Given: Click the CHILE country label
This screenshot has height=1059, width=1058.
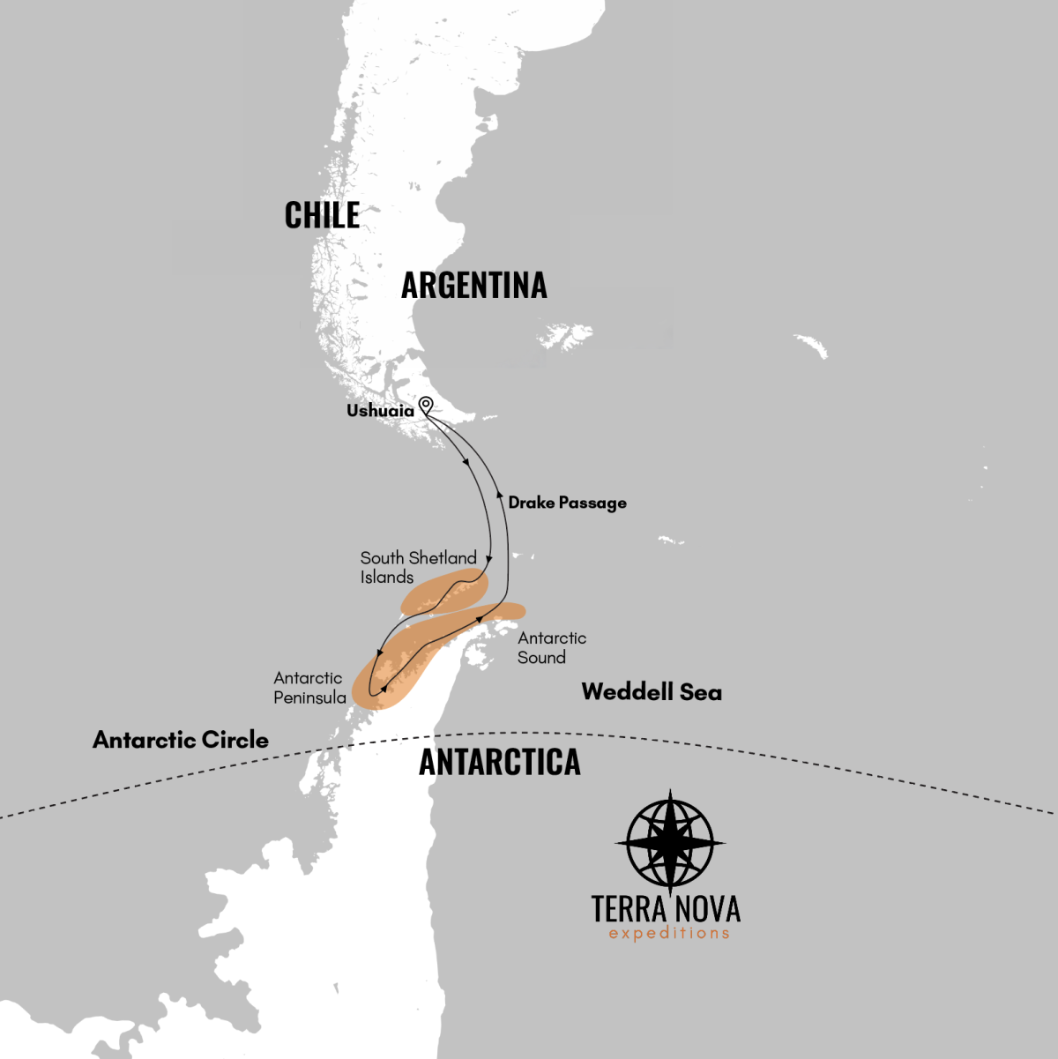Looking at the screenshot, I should [x=322, y=215].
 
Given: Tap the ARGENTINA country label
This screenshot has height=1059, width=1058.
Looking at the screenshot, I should [x=474, y=286].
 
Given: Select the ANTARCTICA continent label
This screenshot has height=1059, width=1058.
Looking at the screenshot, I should [x=500, y=763].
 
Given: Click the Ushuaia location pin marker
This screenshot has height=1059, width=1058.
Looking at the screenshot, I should [x=426, y=406].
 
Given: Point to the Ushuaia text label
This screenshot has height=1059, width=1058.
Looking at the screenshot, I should [x=380, y=411].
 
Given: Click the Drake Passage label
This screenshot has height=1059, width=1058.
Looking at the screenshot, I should [x=567, y=503].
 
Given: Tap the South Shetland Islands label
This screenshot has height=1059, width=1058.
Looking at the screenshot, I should [x=418, y=567].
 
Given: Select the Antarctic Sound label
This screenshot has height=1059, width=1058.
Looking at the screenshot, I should [x=551, y=647].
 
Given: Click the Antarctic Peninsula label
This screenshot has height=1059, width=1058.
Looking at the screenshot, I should [x=309, y=688].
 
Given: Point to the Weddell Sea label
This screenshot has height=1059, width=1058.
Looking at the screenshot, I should [x=652, y=692].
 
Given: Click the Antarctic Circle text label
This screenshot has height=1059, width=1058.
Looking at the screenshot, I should [x=181, y=740].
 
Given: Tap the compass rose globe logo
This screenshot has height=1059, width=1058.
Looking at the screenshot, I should [x=670, y=843].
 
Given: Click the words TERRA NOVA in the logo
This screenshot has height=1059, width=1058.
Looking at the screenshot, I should [x=666, y=908].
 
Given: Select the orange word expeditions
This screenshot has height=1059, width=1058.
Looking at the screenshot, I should [x=669, y=934].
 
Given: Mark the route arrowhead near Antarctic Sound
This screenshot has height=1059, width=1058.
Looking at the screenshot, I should [x=480, y=619].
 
